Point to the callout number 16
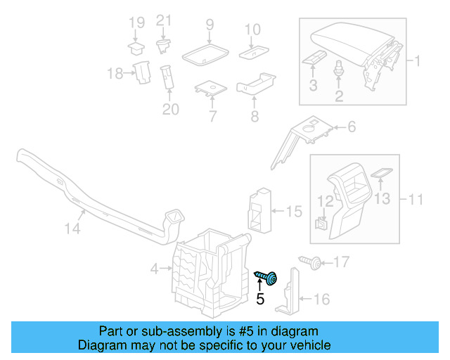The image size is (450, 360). click(321, 300)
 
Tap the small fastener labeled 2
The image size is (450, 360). click(339, 70)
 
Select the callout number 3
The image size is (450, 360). click(313, 86)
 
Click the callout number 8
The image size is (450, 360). click(254, 115)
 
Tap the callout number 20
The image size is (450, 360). click(171, 109)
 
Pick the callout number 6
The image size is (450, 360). click(351, 127)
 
